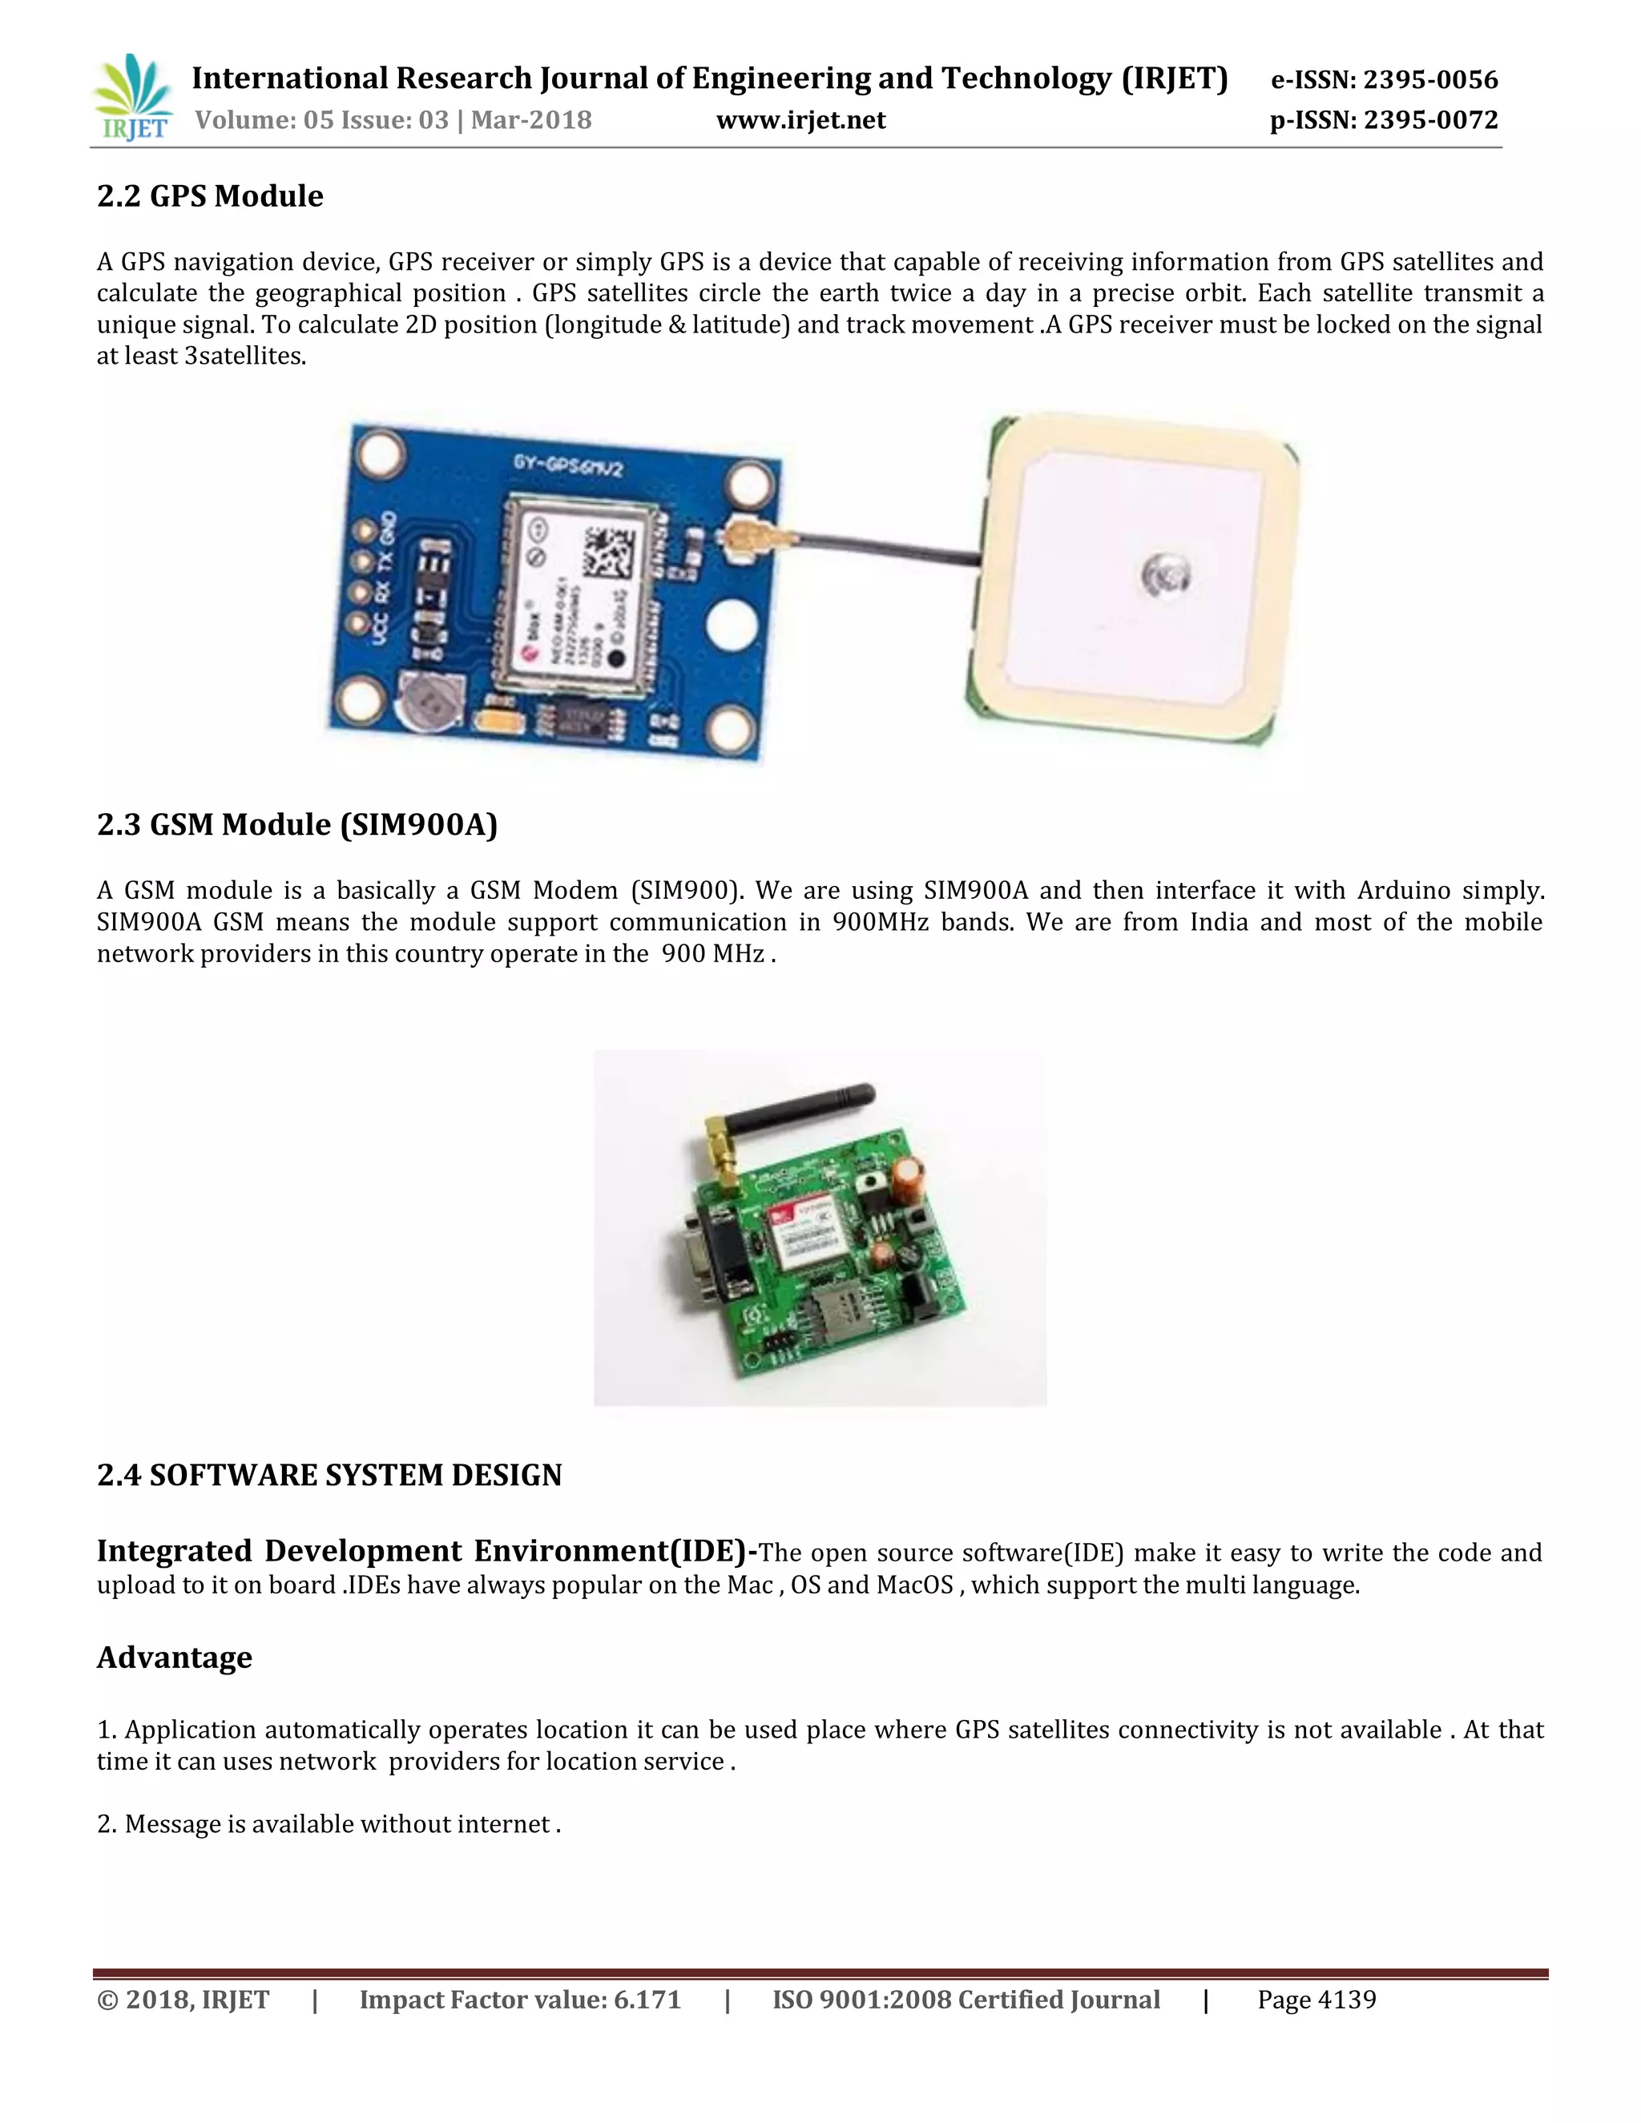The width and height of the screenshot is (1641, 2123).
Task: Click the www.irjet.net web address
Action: (800, 120)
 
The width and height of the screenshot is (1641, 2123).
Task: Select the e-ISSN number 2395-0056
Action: (1430, 79)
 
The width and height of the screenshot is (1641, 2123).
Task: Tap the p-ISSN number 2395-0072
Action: (1430, 120)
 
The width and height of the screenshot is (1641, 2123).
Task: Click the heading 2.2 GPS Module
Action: (210, 196)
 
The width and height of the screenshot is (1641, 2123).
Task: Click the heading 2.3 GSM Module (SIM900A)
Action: (296, 824)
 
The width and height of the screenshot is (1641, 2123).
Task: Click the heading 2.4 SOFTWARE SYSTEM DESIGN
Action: (329, 1475)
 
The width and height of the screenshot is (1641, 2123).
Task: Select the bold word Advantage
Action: (174, 1657)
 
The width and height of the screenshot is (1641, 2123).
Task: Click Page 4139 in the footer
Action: (1316, 2000)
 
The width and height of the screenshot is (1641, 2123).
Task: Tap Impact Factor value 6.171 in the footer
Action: (520, 2000)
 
